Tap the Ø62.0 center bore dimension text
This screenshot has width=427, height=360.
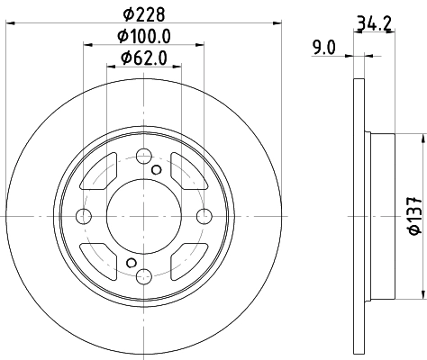coord(143,59)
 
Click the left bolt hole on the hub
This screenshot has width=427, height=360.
coord(84,216)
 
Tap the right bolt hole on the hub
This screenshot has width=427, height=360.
coord(204,216)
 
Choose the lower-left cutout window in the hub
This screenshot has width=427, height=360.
coord(98,259)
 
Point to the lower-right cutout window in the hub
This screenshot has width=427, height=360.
coord(188,259)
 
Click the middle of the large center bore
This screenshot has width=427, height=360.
coord(143,216)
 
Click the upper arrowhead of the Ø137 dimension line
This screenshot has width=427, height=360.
coord(422,138)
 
